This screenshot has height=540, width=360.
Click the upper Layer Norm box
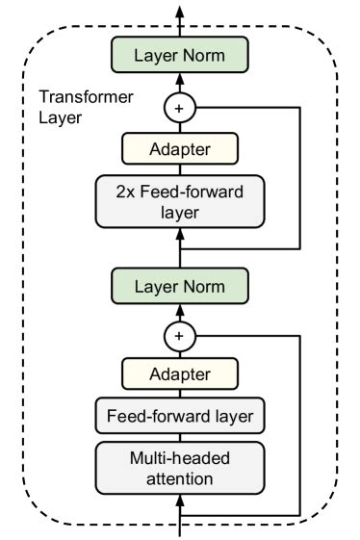(x=180, y=56)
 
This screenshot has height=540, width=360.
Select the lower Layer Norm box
(x=180, y=287)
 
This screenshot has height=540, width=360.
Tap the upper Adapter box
(x=180, y=149)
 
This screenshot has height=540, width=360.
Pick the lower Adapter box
(x=180, y=375)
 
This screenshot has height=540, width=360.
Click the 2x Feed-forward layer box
(x=180, y=201)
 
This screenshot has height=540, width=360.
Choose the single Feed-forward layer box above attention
(x=180, y=417)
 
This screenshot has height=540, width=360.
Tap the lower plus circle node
(x=180, y=336)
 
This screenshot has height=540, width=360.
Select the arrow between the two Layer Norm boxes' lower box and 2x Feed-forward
(x=180, y=252)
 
